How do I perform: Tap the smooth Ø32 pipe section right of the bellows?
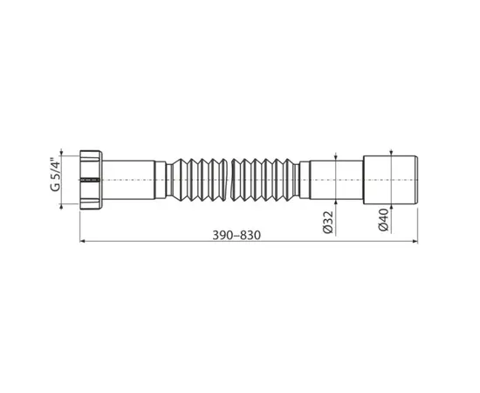tap(336, 178)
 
